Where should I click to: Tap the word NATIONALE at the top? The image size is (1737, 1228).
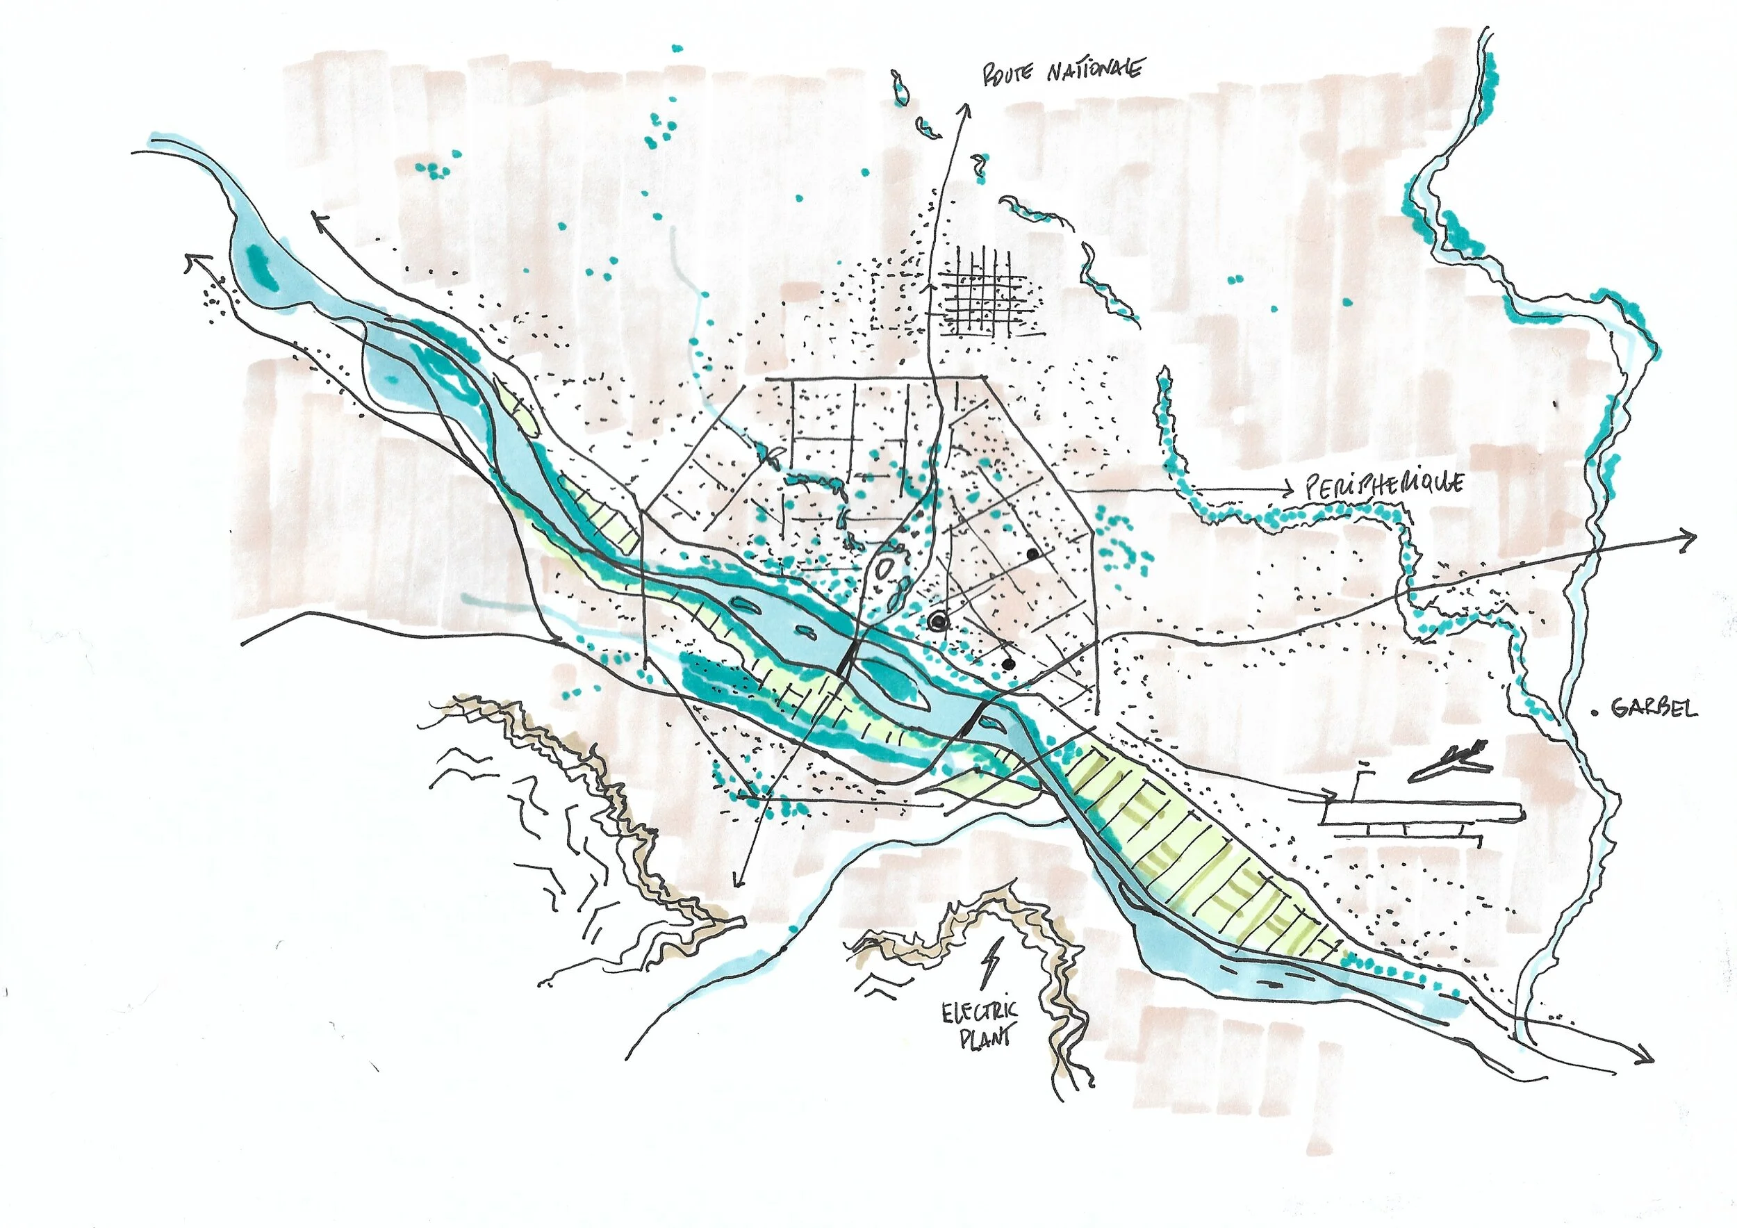point(1095,70)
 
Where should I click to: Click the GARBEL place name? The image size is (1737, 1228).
point(1654,708)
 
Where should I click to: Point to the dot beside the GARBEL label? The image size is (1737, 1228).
point(1595,711)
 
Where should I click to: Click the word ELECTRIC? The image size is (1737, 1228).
point(980,1013)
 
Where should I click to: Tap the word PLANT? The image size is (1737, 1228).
point(985,1039)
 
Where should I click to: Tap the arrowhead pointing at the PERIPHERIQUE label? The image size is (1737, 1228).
point(1288,490)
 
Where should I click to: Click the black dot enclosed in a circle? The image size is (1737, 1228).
point(938,622)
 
